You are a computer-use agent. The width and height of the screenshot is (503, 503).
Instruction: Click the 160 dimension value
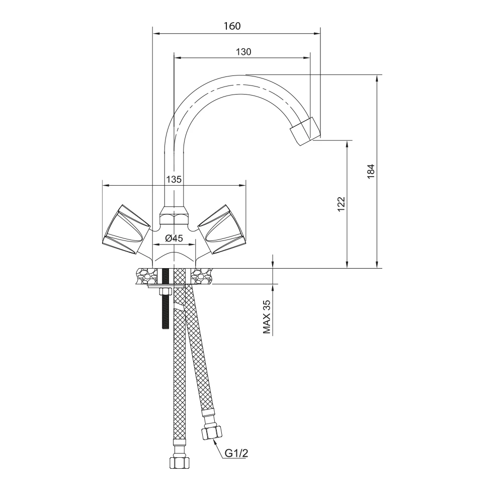(232, 26)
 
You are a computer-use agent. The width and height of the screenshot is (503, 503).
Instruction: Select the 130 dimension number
(243, 52)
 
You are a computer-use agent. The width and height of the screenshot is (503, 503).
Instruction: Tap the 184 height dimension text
(371, 172)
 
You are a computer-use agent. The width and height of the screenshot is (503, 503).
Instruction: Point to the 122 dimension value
(341, 204)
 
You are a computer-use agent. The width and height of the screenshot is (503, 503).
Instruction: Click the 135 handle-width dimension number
(174, 179)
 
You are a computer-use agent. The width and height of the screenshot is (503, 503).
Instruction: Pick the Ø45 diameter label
(174, 238)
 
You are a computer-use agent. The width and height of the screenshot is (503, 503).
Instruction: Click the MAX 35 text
(267, 317)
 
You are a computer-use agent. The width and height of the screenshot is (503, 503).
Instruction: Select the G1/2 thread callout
(236, 453)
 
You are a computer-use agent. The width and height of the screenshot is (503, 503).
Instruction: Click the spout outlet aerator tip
(305, 131)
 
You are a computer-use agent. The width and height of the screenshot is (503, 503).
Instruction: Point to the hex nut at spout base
(174, 215)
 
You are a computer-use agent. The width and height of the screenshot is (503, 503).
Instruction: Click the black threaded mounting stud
(165, 298)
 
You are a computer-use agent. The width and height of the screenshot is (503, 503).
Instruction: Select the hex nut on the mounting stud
(165, 292)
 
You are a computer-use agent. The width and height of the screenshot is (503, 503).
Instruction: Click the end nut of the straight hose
(179, 463)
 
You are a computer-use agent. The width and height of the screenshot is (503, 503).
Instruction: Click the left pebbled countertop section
(144, 276)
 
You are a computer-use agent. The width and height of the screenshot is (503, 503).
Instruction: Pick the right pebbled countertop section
(203, 276)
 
